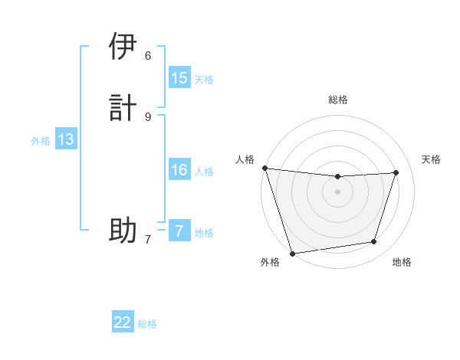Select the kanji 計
[123, 106]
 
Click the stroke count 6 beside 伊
[148, 55]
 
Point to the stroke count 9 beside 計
[148, 116]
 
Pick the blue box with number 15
[179, 78]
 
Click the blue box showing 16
[179, 170]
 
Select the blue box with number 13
[66, 139]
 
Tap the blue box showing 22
[123, 322]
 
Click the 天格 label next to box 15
[204, 79]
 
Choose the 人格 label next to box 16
[204, 171]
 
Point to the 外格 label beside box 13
[41, 140]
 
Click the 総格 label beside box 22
[147, 323]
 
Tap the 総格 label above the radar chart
[338, 100]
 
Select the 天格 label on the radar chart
[431, 159]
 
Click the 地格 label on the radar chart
[402, 262]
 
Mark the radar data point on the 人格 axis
[264, 168]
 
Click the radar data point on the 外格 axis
[292, 252]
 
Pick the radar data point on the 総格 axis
[337, 177]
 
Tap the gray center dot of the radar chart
[337, 192]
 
